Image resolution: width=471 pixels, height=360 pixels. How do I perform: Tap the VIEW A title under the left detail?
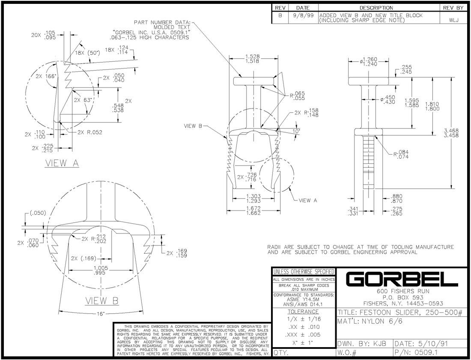pos(62,163)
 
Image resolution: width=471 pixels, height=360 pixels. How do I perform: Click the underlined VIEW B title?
pos(102,301)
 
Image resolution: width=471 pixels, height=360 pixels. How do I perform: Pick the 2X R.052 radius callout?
pos(90,132)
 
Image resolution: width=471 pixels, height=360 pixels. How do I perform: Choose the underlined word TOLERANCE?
pos(303,312)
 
